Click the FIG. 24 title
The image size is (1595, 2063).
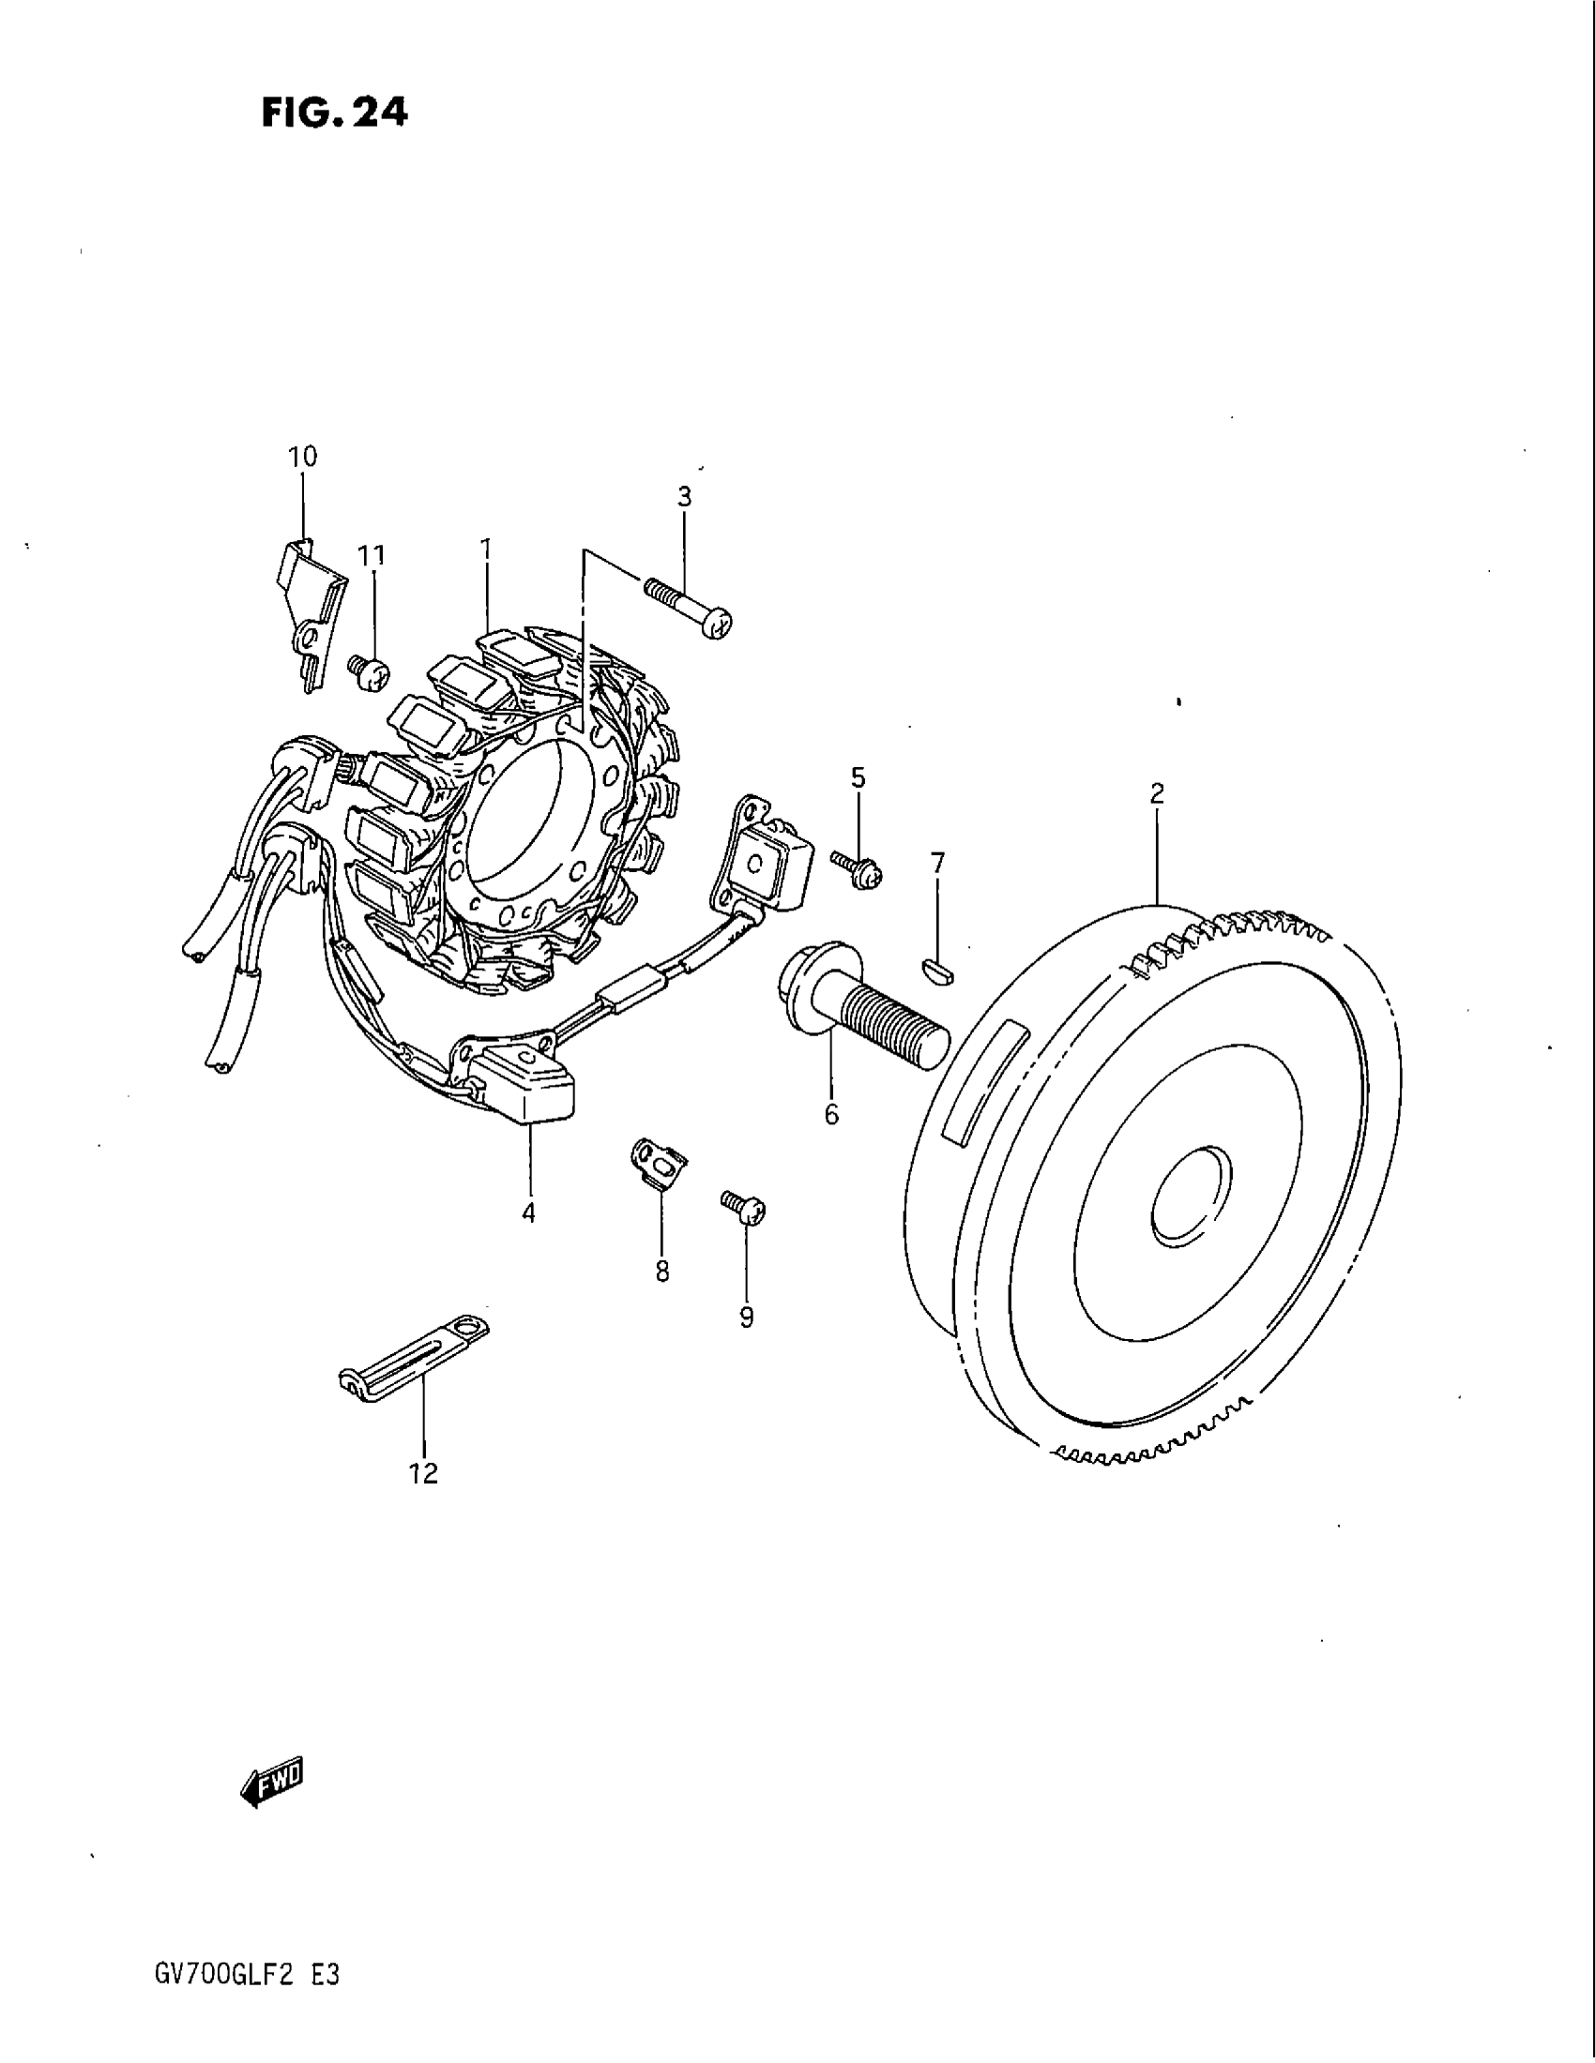pos(334,113)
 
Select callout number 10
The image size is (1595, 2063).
pos(303,458)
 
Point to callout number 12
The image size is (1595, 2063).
pos(424,1473)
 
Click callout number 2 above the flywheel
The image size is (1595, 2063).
pos(1157,794)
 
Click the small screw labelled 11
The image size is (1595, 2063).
pos(369,672)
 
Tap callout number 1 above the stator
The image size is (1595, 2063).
pos(485,549)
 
